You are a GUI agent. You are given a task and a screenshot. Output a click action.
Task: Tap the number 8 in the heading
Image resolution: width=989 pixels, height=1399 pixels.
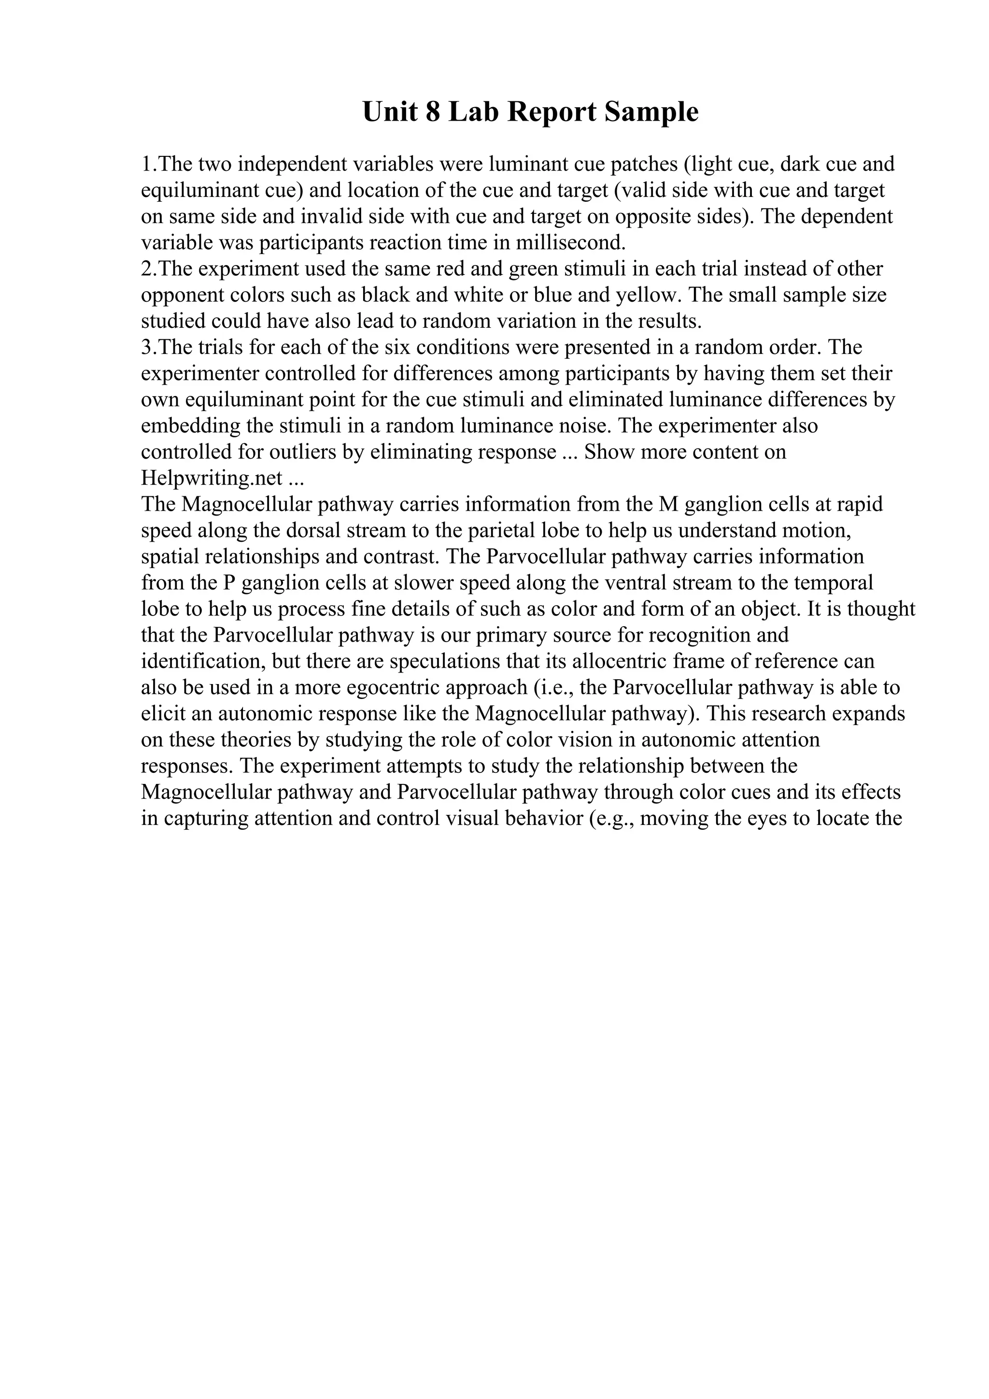pyautogui.click(x=433, y=112)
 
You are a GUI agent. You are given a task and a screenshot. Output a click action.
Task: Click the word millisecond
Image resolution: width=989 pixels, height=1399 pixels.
pyautogui.click(x=570, y=242)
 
